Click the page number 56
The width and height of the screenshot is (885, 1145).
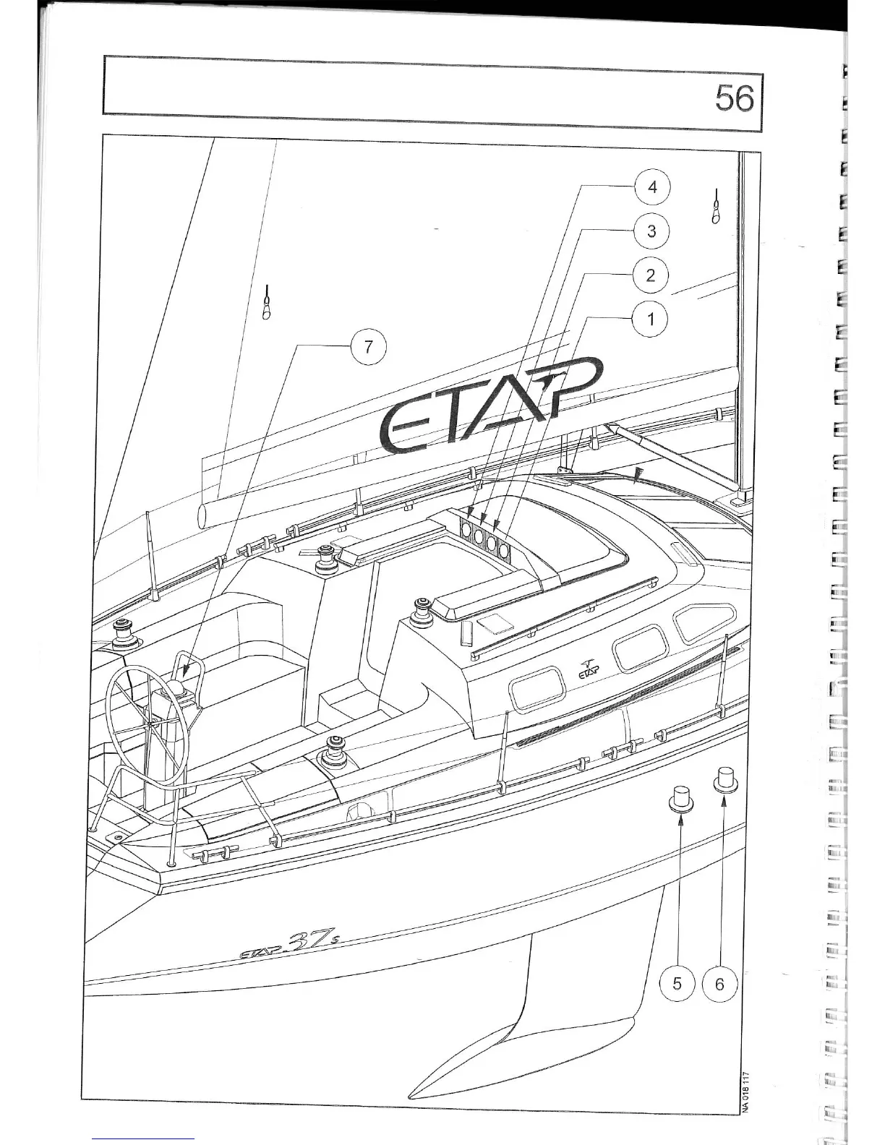coord(734,98)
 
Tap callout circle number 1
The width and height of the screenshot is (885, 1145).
coord(651,319)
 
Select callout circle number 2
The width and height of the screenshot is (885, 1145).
coord(651,275)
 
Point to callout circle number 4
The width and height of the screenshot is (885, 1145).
coord(652,187)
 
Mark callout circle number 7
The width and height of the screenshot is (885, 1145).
coord(368,347)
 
